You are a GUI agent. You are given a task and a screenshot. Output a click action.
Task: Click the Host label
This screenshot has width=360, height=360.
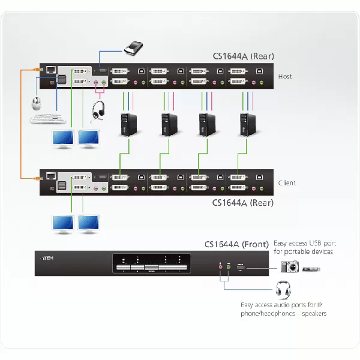[285, 77]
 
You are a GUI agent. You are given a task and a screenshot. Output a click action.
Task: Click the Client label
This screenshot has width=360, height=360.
[287, 182]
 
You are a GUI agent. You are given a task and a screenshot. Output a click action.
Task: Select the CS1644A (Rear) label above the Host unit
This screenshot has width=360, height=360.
[243, 56]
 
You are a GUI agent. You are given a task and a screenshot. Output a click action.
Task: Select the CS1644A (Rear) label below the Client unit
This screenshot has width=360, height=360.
[243, 203]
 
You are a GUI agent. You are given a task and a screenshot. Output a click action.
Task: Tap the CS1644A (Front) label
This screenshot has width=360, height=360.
[238, 244]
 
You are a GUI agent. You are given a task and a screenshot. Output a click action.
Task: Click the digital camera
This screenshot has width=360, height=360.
[289, 267]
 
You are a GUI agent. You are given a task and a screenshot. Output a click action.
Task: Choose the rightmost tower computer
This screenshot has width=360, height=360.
[247, 124]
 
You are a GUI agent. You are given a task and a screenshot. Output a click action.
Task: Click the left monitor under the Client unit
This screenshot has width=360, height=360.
[62, 224]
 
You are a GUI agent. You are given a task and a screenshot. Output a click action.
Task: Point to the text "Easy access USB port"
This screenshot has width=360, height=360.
[303, 244]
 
